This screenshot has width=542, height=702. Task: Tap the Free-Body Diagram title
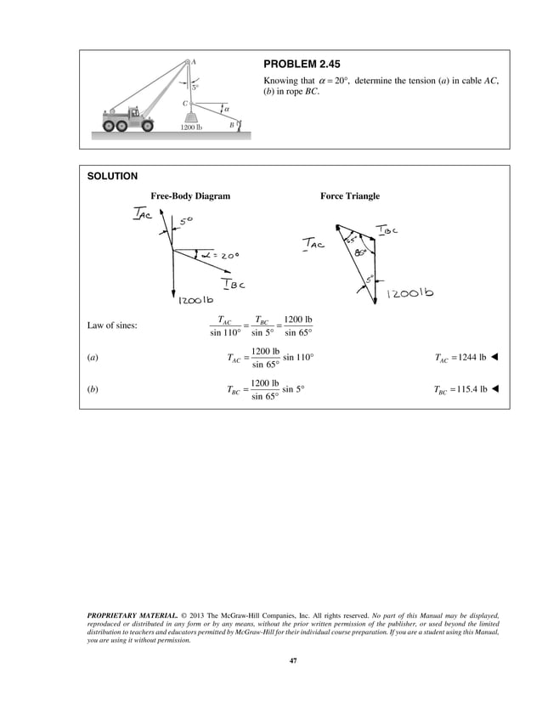(190, 196)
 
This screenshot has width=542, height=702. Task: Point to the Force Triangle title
(349, 196)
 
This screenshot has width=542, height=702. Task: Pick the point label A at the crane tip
(194, 62)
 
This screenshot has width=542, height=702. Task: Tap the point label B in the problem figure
(231, 125)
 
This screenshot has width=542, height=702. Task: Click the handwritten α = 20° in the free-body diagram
(219, 254)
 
